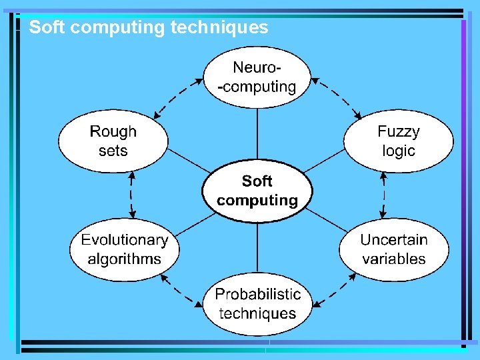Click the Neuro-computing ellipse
click(257, 77)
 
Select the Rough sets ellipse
click(113, 141)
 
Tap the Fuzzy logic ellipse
click(398, 141)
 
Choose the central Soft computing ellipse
click(257, 191)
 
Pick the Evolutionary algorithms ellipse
click(125, 249)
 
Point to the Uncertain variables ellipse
click(393, 249)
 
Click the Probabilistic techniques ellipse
click(257, 304)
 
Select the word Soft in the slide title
click(45, 27)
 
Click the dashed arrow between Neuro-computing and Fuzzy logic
click(337, 97)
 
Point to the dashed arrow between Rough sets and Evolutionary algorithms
click(132, 195)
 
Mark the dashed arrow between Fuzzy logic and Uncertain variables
click(384, 195)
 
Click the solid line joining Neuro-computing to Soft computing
click(257, 133)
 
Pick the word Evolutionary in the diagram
click(125, 240)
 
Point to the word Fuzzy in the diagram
click(399, 131)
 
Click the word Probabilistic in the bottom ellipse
click(258, 294)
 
